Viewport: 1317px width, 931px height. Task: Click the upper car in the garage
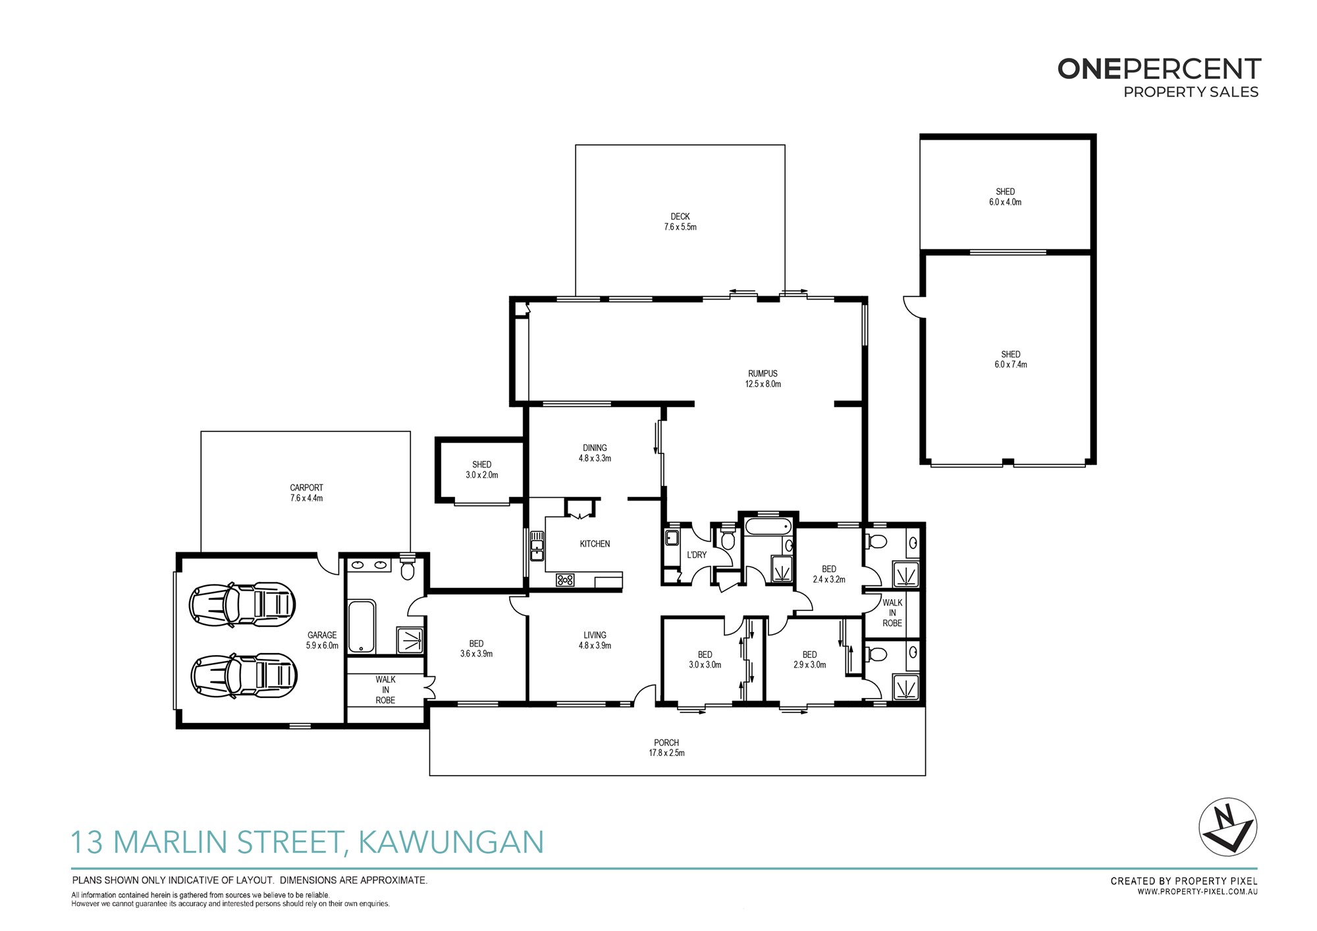pyautogui.click(x=242, y=604)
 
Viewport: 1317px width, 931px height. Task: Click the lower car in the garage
pyautogui.click(x=244, y=676)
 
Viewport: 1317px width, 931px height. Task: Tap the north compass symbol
pyautogui.click(x=1227, y=827)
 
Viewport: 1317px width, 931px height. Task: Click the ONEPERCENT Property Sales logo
pyautogui.click(x=1159, y=78)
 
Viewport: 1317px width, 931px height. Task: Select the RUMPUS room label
pyautogui.click(x=763, y=379)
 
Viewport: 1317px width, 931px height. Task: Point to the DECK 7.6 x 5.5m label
pyautogui.click(x=680, y=221)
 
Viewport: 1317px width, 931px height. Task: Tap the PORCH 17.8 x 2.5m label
pyautogui.click(x=666, y=747)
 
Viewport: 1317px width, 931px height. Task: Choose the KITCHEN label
pyautogui.click(x=595, y=544)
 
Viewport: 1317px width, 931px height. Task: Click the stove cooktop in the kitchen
pyautogui.click(x=565, y=580)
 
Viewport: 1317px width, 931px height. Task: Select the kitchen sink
pyautogui.click(x=537, y=546)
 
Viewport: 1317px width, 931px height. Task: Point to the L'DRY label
pyautogui.click(x=697, y=555)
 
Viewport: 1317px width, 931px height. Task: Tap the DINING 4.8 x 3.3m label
pyautogui.click(x=595, y=453)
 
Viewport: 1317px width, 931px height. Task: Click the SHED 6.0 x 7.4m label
pyautogui.click(x=1011, y=359)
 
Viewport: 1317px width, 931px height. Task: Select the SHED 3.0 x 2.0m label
pyautogui.click(x=482, y=469)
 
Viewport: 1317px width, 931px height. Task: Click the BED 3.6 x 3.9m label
pyautogui.click(x=476, y=649)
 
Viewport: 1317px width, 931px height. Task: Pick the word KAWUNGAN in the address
pyautogui.click(x=451, y=842)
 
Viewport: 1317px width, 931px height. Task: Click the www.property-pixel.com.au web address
pyautogui.click(x=1197, y=892)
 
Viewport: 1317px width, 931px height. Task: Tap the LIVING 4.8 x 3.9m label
pyautogui.click(x=595, y=640)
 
